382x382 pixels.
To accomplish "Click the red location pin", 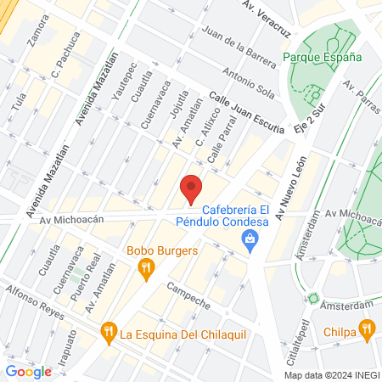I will [x=193, y=188].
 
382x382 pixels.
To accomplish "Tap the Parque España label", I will [x=322, y=57].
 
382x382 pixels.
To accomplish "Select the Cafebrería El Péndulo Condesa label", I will [x=228, y=216].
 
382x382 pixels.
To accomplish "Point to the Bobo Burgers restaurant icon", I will [x=147, y=269].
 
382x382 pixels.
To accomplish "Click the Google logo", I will [x=28, y=371].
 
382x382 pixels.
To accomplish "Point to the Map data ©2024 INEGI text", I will [x=331, y=375].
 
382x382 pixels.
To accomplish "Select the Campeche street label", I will [x=188, y=298].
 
